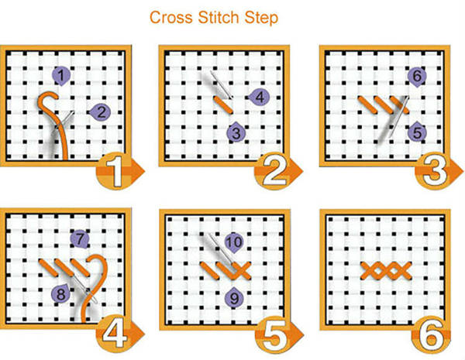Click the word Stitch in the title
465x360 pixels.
(219, 18)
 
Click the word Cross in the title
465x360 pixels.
(171, 18)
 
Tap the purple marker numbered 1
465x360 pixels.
(61, 76)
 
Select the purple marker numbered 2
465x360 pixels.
(100, 112)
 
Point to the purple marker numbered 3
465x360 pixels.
(236, 132)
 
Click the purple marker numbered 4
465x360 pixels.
(258, 98)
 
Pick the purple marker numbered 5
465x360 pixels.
(417, 132)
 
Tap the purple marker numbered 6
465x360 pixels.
(417, 77)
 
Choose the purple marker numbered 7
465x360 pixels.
(80, 239)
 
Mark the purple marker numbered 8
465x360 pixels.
(60, 293)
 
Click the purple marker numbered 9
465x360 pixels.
(234, 297)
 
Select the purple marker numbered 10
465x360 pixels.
(234, 243)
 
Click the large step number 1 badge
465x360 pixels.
(118, 171)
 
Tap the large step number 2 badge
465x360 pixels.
(276, 171)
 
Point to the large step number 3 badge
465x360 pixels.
(436, 171)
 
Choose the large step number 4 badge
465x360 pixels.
(118, 334)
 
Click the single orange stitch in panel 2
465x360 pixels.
(224, 105)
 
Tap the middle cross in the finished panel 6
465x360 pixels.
(386, 271)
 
